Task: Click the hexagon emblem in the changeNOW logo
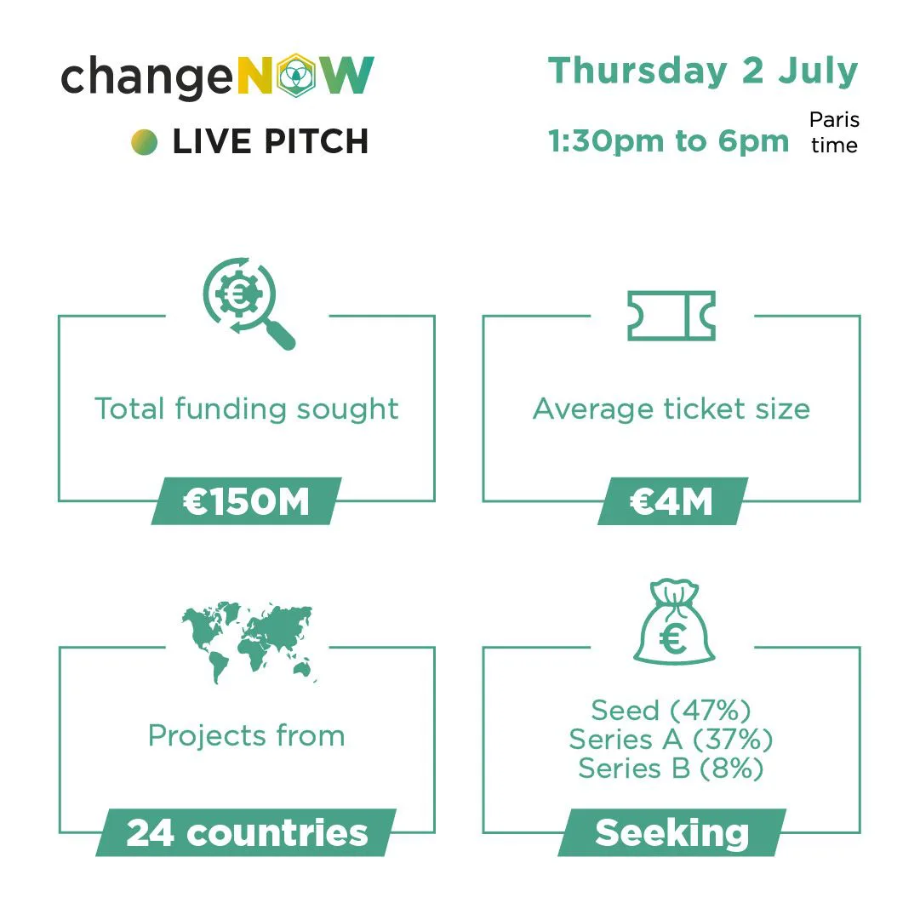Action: [x=296, y=76]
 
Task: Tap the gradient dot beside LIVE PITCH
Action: [x=145, y=142]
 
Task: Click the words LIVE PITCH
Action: [x=271, y=141]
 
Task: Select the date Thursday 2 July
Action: [x=703, y=71]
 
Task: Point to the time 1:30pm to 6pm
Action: [x=668, y=140]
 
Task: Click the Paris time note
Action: [x=834, y=132]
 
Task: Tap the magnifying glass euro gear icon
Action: [x=249, y=303]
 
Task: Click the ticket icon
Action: [x=671, y=316]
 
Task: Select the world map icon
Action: [x=249, y=642]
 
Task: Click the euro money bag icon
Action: [x=674, y=622]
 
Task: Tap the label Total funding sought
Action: [x=247, y=409]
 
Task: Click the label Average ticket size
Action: [x=671, y=409]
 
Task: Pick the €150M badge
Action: [x=247, y=501]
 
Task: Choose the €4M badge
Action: [x=672, y=501]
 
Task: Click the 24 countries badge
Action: [x=247, y=832]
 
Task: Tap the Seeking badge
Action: [x=671, y=832]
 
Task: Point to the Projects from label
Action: [x=247, y=736]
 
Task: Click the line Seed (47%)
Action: [x=671, y=711]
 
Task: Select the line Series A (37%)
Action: [x=671, y=740]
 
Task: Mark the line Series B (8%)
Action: [x=671, y=769]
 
